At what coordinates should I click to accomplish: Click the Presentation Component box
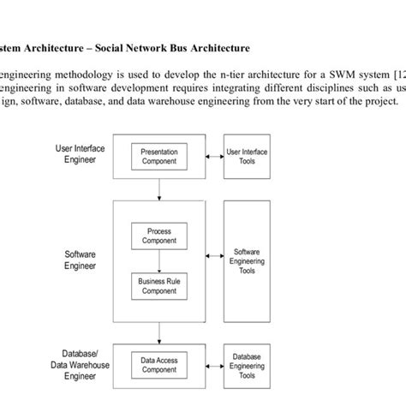(158, 157)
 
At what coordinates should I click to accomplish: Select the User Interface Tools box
(247, 157)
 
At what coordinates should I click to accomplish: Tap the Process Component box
(158, 235)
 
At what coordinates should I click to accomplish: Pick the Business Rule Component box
(158, 284)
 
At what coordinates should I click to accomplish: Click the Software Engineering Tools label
(247, 261)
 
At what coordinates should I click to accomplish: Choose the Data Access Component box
(158, 366)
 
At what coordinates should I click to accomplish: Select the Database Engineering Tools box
(247, 366)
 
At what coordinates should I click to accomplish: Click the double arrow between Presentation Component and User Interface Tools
(213, 157)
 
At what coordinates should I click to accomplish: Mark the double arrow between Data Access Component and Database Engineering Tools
(213, 366)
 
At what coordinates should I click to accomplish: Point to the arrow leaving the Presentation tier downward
(158, 190)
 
